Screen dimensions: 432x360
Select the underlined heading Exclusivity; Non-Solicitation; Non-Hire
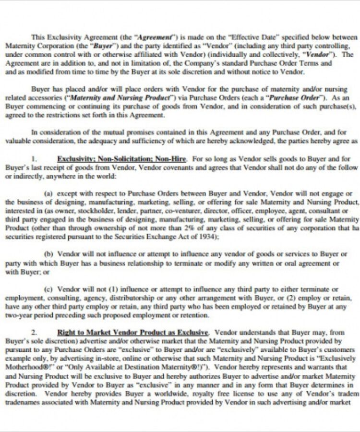click(x=122, y=159)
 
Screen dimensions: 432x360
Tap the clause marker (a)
click(x=48, y=193)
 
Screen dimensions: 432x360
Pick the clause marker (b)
click(x=48, y=254)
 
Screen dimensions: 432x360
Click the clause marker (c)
click(x=48, y=289)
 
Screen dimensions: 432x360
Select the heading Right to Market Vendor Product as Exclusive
click(x=133, y=332)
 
